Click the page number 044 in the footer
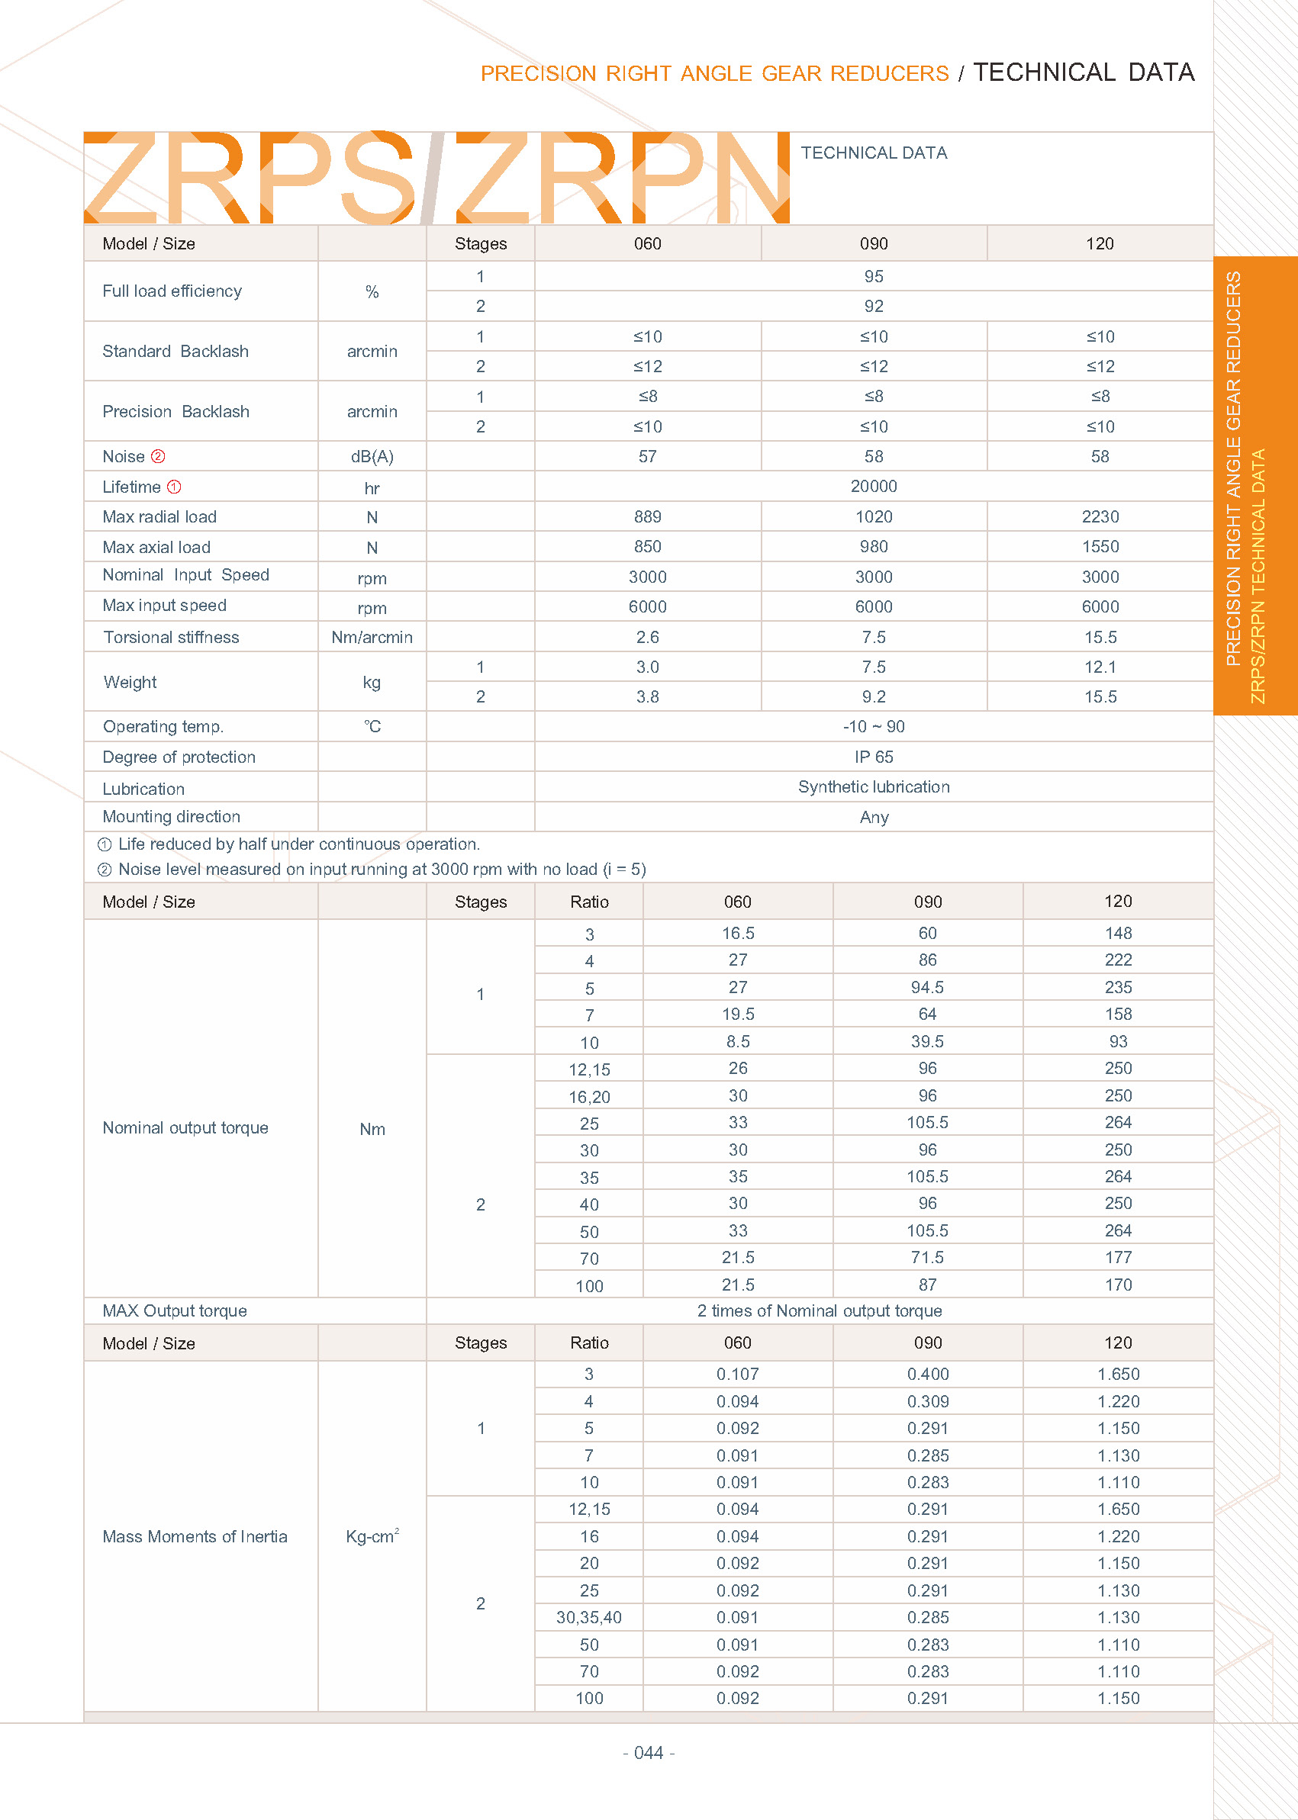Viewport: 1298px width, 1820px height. coord(648,1753)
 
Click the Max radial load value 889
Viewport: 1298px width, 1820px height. coord(647,517)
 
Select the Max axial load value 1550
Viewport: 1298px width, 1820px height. coord(1100,546)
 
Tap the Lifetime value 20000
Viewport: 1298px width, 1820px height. coord(874,486)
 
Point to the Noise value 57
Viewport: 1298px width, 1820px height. coord(647,456)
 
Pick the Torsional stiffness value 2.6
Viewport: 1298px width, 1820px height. coord(647,637)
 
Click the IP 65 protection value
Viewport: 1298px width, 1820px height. coord(874,757)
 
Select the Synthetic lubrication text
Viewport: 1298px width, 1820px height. coord(874,787)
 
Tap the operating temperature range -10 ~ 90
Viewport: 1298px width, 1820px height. coord(874,726)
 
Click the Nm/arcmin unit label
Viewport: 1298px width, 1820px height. coord(372,637)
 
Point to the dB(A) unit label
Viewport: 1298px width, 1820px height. coord(372,456)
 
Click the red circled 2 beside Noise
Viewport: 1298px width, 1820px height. coord(158,456)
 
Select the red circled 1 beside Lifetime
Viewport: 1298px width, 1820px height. coord(174,487)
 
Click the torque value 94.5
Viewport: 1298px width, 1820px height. coord(927,988)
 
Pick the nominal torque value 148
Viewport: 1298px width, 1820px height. coord(1118,933)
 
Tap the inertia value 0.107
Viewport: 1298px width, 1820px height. coord(738,1375)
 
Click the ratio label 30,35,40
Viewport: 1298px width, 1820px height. coord(589,1617)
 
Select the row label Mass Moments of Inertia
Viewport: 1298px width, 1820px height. coord(195,1536)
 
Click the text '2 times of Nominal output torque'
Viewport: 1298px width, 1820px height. coord(820,1311)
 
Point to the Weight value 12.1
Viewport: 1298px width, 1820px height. coord(1100,667)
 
